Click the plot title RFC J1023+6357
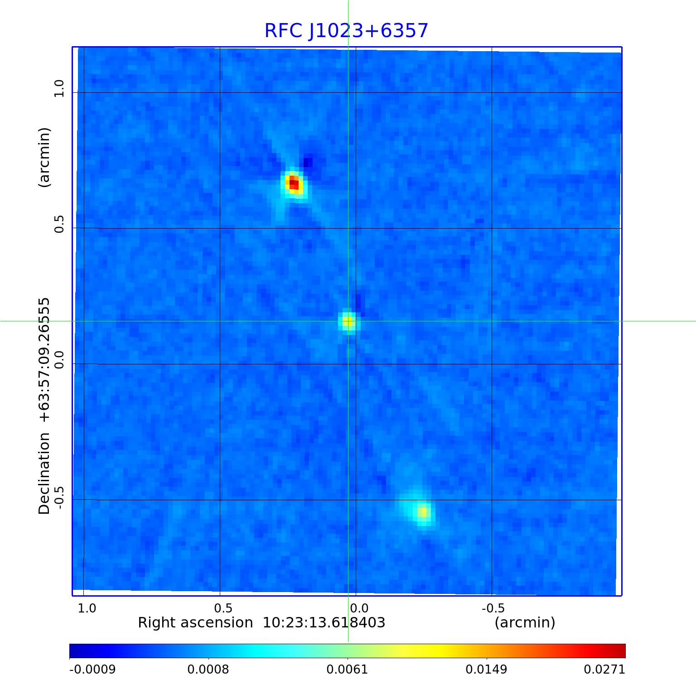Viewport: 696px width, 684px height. pyautogui.click(x=346, y=31)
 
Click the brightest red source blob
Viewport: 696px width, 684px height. pyautogui.click(x=294, y=184)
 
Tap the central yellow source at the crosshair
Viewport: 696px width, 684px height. pyautogui.click(x=348, y=322)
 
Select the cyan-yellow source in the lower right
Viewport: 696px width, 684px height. pyautogui.click(x=422, y=512)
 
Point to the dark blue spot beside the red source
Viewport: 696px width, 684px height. pyautogui.click(x=308, y=162)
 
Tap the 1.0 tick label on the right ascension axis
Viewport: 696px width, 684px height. pyautogui.click(x=87, y=608)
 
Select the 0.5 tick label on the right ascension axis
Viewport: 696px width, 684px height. pyautogui.click(x=223, y=608)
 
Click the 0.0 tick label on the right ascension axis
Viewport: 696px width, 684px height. pyautogui.click(x=359, y=608)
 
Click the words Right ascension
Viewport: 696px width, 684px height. pyautogui.click(x=195, y=623)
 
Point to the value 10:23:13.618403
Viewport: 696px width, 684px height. pyautogui.click(x=324, y=623)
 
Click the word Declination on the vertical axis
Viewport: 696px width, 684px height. pyautogui.click(x=44, y=474)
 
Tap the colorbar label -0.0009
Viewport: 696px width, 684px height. pyautogui.click(x=92, y=670)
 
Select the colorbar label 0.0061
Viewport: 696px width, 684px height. pyautogui.click(x=347, y=670)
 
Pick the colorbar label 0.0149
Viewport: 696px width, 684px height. pyautogui.click(x=486, y=670)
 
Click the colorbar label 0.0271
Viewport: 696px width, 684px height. pyautogui.click(x=604, y=670)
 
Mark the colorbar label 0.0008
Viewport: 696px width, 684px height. pyautogui.click(x=208, y=670)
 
